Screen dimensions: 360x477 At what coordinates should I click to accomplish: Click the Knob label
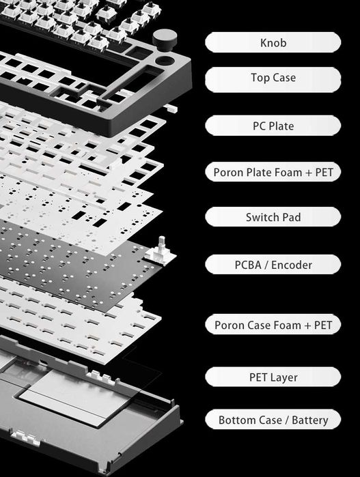[x=273, y=42]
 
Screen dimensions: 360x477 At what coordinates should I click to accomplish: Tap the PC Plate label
[x=273, y=126]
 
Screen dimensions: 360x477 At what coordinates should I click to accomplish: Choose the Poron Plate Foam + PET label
[x=273, y=172]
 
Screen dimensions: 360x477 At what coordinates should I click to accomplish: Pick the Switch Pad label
[x=273, y=217]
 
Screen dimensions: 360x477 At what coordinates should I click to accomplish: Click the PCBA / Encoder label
[x=273, y=265]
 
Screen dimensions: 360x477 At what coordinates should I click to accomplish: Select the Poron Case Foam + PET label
[x=273, y=325]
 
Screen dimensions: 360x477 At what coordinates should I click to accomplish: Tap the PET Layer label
[x=273, y=377]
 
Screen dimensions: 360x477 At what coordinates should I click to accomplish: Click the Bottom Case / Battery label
[x=273, y=420]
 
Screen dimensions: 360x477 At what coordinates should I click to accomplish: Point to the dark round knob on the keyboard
[x=165, y=40]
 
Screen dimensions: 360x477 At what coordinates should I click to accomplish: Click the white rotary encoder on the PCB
[x=161, y=251]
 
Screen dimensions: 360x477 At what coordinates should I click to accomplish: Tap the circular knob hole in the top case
[x=165, y=60]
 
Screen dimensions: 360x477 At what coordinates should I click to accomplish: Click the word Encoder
[x=292, y=265]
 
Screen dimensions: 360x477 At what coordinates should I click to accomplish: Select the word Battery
[x=309, y=420]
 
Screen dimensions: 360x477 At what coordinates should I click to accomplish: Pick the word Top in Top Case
[x=260, y=78]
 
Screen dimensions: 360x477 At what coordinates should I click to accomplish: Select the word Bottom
[x=250, y=420]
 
